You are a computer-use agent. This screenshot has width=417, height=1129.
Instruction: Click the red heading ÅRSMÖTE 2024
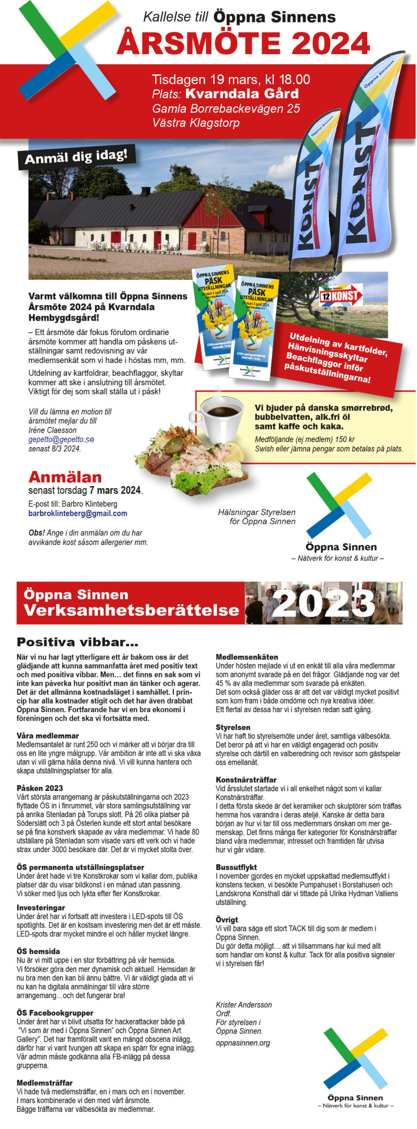243,44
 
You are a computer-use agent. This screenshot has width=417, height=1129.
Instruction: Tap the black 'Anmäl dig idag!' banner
76,157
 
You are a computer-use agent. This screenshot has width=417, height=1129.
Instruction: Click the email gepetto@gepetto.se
61,439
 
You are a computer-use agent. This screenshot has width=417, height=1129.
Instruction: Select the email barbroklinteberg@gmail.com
78,513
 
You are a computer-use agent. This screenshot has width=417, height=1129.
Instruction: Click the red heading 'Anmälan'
65,477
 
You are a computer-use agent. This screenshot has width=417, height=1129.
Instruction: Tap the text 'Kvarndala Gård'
242,94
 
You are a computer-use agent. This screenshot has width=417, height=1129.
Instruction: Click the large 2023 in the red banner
324,603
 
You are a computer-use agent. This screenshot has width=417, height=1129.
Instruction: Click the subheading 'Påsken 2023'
40,788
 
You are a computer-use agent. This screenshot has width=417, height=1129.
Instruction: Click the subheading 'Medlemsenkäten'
246,657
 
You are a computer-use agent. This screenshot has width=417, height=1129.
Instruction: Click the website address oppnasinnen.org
242,1043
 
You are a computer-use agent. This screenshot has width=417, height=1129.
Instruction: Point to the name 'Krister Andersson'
243,1005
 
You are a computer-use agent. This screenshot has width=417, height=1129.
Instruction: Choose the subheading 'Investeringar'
41,908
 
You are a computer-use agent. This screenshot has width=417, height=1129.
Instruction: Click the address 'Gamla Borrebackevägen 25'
226,108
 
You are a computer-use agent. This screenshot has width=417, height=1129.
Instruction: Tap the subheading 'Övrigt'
227,920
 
